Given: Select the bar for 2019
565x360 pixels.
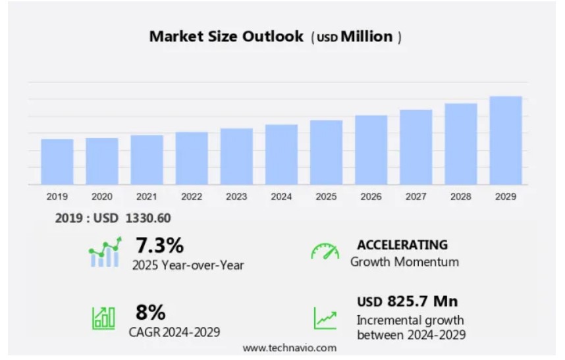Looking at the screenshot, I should [57, 161].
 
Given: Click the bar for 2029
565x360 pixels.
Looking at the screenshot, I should [506, 140].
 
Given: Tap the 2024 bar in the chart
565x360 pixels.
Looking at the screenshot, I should [281, 154].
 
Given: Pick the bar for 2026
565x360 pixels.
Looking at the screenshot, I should [371, 149].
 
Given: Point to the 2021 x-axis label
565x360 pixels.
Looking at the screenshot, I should [147, 197].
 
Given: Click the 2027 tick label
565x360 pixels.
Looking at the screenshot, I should [416, 197].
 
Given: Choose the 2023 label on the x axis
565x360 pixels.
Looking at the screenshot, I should [236, 197].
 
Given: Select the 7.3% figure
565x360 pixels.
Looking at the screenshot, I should [159, 245].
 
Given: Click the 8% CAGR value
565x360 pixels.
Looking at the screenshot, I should [150, 311].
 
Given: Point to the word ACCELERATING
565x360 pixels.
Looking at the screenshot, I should [402, 245].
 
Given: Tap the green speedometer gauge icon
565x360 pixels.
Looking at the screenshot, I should [325, 251].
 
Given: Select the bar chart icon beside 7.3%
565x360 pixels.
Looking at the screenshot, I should [105, 252].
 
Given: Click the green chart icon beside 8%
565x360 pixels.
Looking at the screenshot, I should [103, 318].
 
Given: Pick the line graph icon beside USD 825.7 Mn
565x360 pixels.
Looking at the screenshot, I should [325, 318].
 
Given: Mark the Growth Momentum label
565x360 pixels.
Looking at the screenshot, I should [404, 262].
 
